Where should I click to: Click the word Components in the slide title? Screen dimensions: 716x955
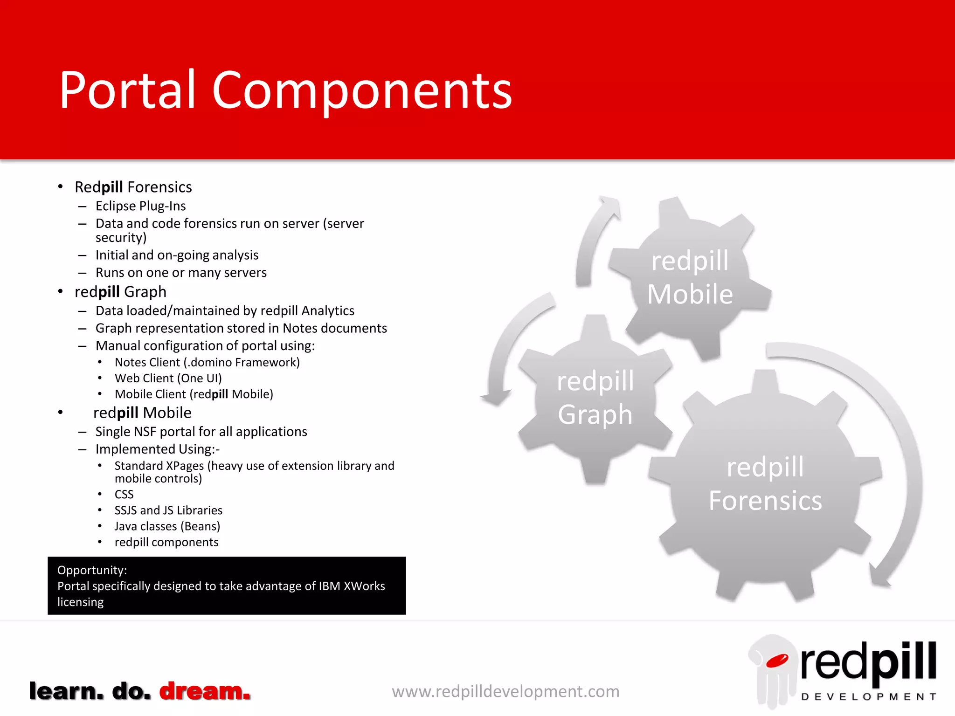pyautogui.click(x=362, y=91)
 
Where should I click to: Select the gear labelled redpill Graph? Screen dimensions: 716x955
pyautogui.click(x=595, y=399)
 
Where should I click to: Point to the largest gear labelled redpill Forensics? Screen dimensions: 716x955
pyautogui.click(x=765, y=485)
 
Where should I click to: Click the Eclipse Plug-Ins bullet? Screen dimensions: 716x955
pyautogui.click(x=140, y=206)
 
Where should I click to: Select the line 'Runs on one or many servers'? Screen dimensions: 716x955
pyautogui.click(x=181, y=273)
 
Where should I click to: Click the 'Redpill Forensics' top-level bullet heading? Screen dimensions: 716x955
pyautogui.click(x=133, y=187)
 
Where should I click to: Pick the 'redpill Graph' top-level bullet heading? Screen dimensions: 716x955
pyautogui.click(x=120, y=292)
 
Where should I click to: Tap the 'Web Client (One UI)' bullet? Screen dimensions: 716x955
pyautogui.click(x=168, y=378)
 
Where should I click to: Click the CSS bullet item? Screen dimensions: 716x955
pyautogui.click(x=124, y=494)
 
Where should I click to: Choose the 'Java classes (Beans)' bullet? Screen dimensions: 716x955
pyautogui.click(x=167, y=526)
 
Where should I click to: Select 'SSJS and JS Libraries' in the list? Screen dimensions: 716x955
pyautogui.click(x=168, y=510)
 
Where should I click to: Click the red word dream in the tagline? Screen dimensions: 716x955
pyautogui.click(x=205, y=691)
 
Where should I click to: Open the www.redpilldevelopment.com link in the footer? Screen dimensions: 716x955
pyautogui.click(x=505, y=691)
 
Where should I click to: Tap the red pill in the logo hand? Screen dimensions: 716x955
pyautogui.click(x=777, y=660)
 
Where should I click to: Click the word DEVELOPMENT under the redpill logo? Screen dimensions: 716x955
pyautogui.click(x=868, y=697)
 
